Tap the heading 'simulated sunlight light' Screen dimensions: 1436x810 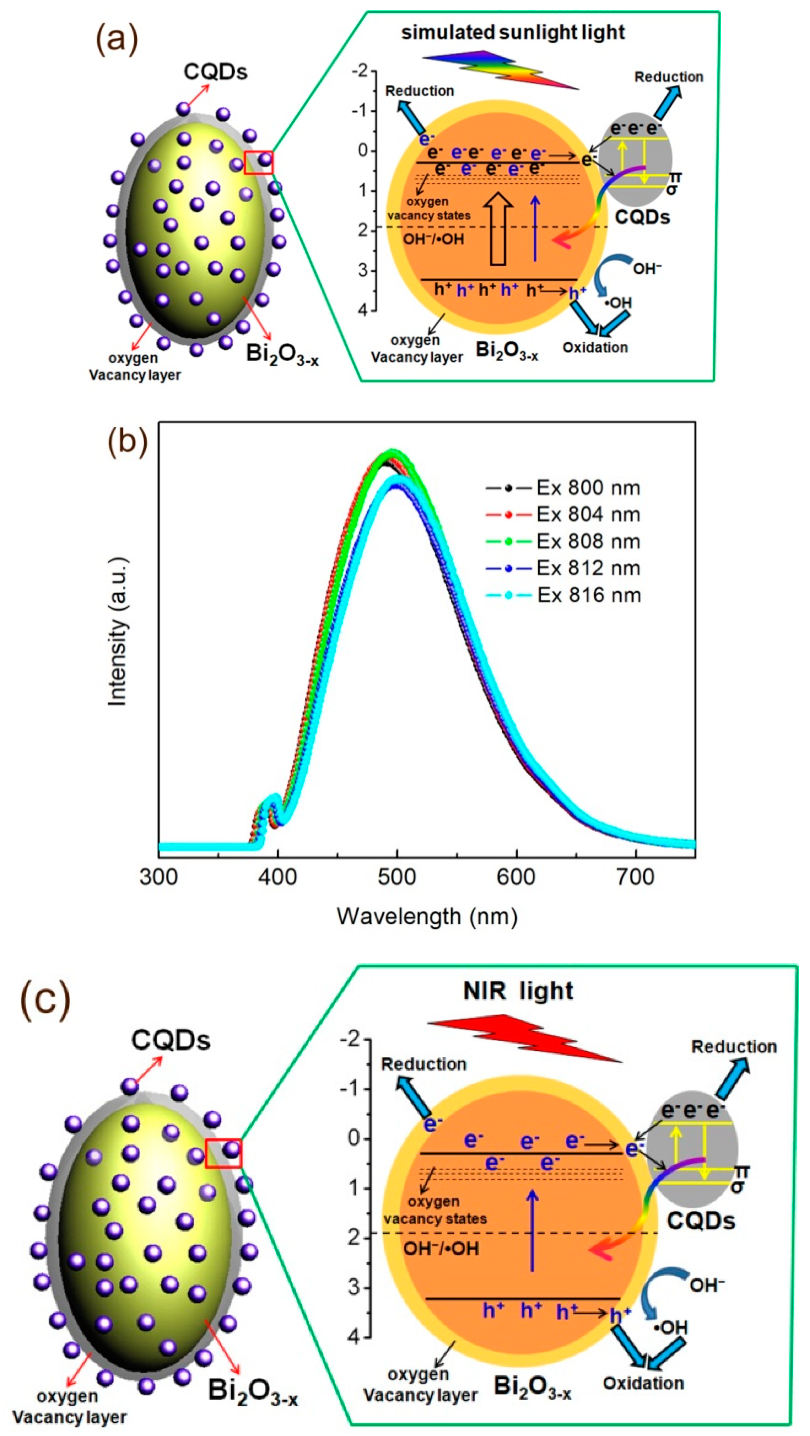[x=513, y=32]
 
